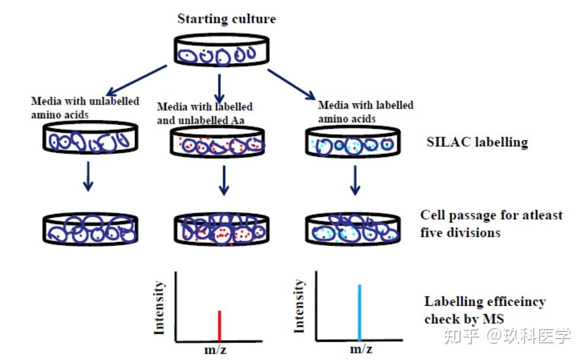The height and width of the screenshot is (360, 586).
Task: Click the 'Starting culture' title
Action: point(226,18)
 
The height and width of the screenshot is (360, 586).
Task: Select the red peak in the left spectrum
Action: point(220,326)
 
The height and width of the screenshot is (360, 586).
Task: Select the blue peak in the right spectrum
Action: point(359,312)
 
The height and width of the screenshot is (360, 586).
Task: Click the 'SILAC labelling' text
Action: point(477,143)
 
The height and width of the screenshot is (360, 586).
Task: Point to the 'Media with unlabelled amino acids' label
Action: point(85,108)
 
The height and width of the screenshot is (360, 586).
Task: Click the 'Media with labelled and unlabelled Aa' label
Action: point(204,113)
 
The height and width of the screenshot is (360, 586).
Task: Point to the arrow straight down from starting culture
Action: point(220,87)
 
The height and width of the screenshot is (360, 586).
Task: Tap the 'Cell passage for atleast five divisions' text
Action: point(491,223)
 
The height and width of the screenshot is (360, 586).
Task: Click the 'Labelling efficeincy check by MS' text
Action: point(484,310)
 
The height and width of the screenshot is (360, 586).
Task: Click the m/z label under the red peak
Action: point(214,349)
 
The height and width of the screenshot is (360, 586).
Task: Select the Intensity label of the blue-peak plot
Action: point(300,306)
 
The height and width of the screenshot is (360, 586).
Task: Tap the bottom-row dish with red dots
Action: point(221,229)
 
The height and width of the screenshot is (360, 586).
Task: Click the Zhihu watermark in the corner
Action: point(509,336)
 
